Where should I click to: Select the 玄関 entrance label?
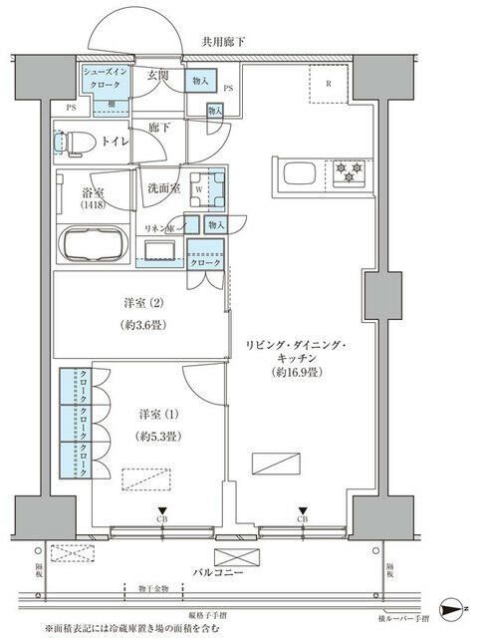point(160,76)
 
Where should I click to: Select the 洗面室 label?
point(163,188)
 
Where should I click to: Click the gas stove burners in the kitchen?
point(350,170)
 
